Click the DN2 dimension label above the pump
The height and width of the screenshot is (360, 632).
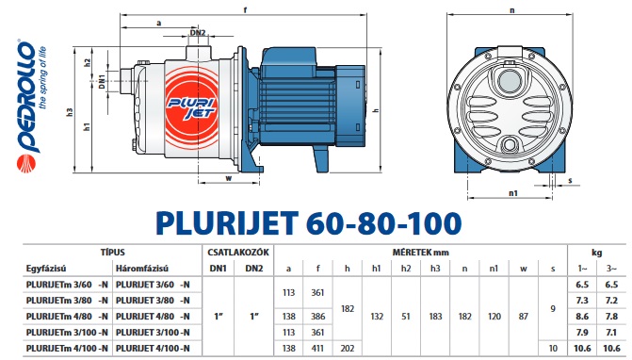[x=198, y=33]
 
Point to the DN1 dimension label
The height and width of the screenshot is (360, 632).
[x=102, y=82]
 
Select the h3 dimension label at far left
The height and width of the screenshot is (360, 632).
[x=69, y=112]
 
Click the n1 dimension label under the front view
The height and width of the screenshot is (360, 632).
[x=512, y=193]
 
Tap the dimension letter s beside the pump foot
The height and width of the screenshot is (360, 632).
[x=570, y=180]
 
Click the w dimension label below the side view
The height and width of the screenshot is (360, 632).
[x=229, y=178]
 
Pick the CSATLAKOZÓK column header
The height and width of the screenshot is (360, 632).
[x=238, y=253]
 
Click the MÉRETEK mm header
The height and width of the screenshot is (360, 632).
[x=421, y=253]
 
